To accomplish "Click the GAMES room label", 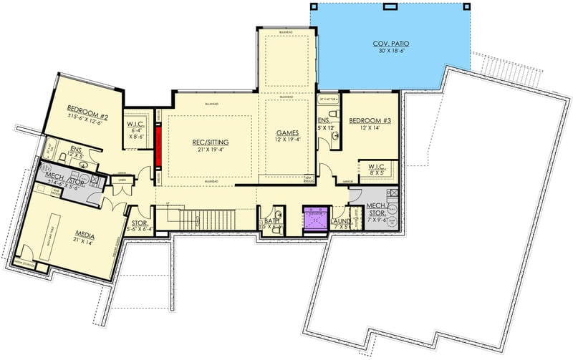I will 287,132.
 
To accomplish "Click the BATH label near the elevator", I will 270,221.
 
